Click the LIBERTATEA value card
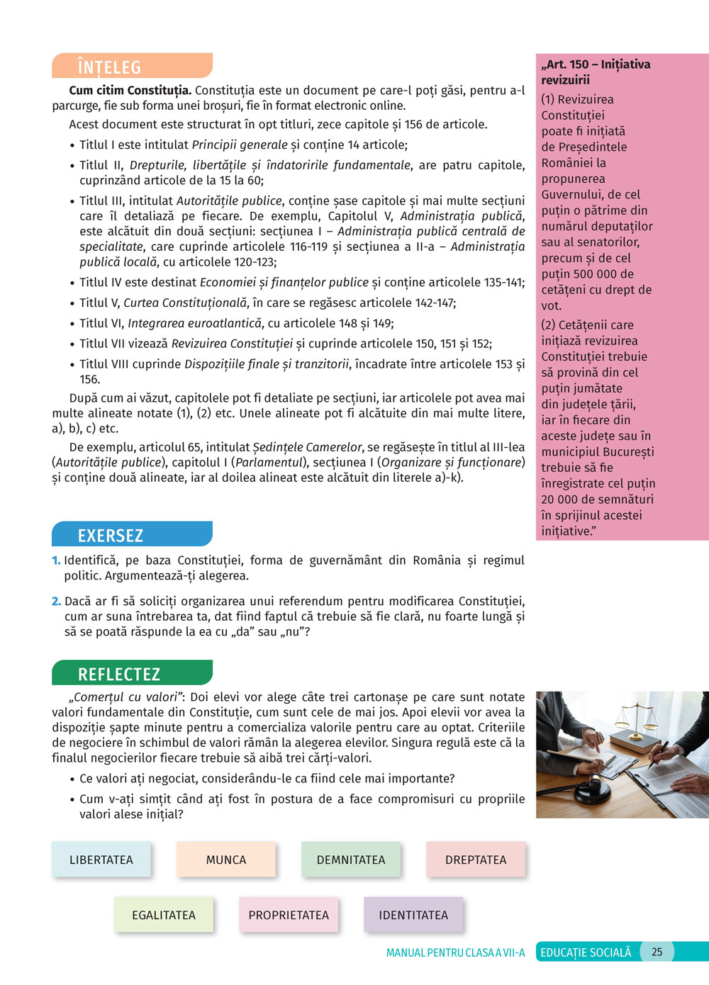[x=101, y=860]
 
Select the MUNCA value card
[x=226, y=860]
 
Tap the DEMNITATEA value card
[x=351, y=860]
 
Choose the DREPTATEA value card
[x=476, y=860]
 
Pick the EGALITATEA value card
[x=164, y=915]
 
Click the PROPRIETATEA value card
[x=289, y=915]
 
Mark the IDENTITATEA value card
[x=413, y=915]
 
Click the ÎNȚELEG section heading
[x=110, y=67]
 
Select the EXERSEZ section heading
[x=111, y=535]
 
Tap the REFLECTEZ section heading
[x=119, y=674]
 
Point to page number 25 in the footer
[x=657, y=952]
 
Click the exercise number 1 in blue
[x=56, y=561]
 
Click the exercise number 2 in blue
[x=56, y=602]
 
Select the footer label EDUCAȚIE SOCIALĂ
[x=586, y=952]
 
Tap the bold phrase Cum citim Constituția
[x=130, y=91]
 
